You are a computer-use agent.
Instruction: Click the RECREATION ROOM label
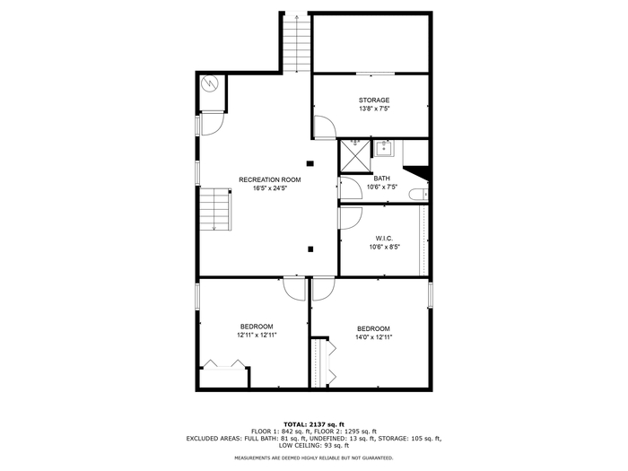point(269,179)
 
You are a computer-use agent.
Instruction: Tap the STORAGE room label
point(374,100)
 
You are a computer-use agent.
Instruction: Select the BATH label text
point(381,179)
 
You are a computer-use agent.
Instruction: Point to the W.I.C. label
point(384,239)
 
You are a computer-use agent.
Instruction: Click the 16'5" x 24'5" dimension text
point(270,188)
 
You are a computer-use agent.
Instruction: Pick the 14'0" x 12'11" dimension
point(374,337)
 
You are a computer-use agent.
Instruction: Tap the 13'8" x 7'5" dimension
point(374,109)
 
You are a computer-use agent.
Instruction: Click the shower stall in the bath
point(355,156)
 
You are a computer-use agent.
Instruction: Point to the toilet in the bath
point(418,195)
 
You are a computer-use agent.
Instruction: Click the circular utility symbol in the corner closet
point(209,83)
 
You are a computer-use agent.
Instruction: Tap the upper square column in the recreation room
point(310,163)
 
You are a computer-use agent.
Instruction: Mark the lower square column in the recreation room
point(310,249)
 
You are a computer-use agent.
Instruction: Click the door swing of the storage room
point(325,127)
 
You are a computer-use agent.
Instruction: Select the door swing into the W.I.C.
point(351,218)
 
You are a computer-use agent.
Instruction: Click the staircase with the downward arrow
point(215,209)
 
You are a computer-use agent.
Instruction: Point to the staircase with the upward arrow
point(296,43)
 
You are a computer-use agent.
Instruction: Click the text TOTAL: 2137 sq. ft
point(314,424)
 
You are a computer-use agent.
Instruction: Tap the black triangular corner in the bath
point(419,172)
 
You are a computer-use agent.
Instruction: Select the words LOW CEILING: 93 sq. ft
point(314,445)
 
